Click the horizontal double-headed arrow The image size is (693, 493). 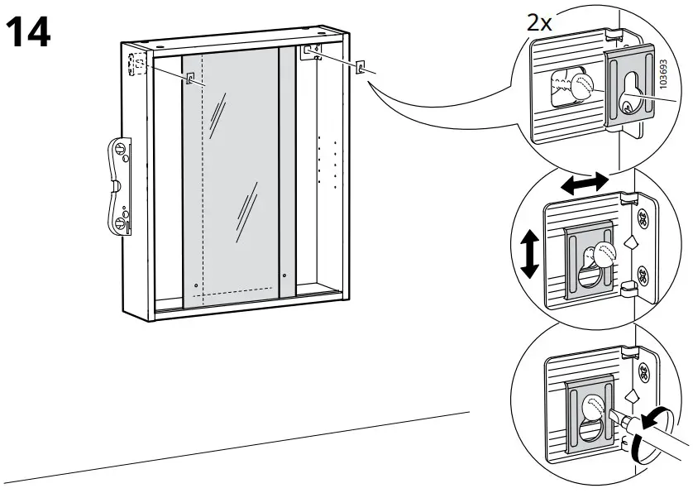(584, 182)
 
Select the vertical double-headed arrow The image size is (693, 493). (530, 253)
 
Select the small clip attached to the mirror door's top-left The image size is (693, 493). (191, 79)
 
